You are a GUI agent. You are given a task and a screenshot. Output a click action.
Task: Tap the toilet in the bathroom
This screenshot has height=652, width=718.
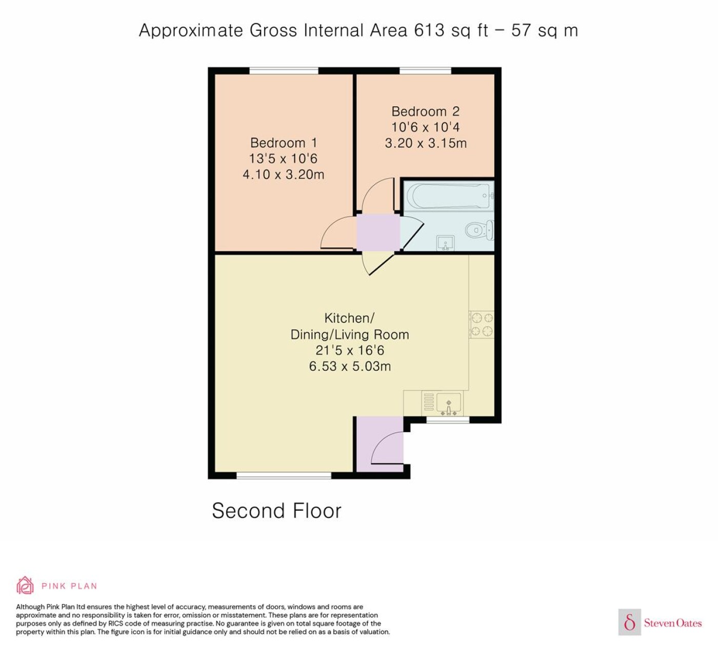tap(480, 230)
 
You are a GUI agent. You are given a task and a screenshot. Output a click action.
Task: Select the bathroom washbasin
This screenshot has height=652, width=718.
tap(446, 243)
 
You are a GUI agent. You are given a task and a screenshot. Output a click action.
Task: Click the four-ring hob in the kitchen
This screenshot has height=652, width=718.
tap(482, 324)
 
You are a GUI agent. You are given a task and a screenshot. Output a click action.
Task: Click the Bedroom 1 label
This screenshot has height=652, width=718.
tap(284, 143)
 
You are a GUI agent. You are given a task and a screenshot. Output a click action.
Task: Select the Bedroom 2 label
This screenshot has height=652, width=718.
tap(426, 111)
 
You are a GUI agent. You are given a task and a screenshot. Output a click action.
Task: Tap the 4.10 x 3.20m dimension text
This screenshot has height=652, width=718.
tap(284, 175)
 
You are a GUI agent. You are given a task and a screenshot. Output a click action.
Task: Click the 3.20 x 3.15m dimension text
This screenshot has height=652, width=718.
tap(426, 143)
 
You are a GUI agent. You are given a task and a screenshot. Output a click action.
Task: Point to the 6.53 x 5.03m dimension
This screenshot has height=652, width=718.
tap(350, 367)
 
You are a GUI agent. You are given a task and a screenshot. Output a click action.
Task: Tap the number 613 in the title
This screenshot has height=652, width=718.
tap(429, 30)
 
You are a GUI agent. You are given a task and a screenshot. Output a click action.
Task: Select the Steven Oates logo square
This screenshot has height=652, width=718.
tap(630, 622)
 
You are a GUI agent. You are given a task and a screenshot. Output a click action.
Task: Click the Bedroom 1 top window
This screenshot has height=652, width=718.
tap(284, 71)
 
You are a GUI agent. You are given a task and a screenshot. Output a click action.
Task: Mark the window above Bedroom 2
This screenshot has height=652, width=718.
tap(425, 71)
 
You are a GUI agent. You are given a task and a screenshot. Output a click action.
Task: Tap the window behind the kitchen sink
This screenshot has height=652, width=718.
tap(448, 420)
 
